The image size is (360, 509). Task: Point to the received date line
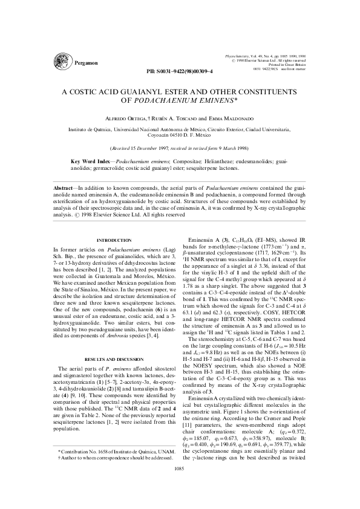pos(180,148)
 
